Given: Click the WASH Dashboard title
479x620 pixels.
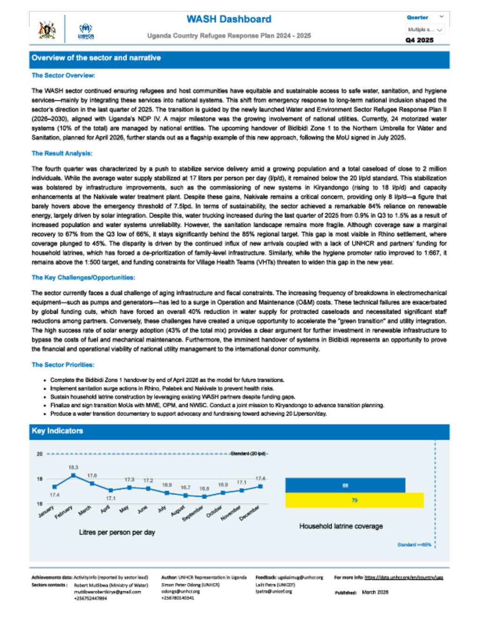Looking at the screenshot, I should [229, 19].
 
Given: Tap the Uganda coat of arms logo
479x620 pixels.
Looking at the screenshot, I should [47, 29].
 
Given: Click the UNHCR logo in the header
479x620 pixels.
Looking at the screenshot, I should [86, 31].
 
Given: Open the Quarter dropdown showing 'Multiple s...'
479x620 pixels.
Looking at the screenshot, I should [425, 30].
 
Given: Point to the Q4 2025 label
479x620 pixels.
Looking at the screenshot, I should [419, 40].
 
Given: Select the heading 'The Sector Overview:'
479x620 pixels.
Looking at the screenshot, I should [63, 75].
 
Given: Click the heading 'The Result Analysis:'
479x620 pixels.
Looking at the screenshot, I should [62, 153].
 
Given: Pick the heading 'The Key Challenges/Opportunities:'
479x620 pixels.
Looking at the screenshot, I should [83, 277].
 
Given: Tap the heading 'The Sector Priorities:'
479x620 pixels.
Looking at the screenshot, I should [63, 365].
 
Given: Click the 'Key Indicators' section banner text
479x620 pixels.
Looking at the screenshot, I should [57, 430].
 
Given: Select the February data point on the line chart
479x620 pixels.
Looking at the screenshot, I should [73, 475].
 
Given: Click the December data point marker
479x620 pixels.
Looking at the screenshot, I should [260, 487].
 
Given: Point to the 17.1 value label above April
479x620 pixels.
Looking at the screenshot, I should [110, 498].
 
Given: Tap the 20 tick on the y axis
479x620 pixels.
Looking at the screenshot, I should [40, 454].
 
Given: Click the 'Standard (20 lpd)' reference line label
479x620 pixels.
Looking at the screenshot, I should [248, 454].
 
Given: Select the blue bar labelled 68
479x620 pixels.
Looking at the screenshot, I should [345, 485].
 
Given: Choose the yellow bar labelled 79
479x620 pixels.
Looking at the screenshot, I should [355, 500].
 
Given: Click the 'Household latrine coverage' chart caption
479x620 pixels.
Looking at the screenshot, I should [341, 526].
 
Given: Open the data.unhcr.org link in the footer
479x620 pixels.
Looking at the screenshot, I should [403, 577].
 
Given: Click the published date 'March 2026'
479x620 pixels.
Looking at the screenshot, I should [375, 592].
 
